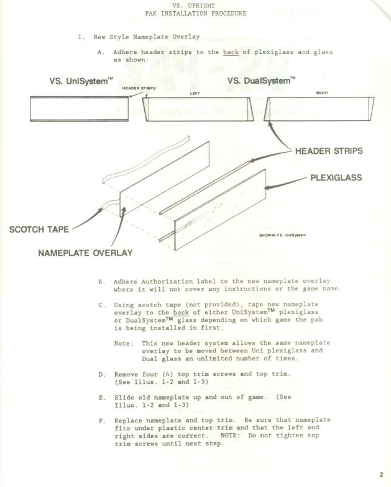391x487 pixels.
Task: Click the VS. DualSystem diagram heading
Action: (x=262, y=81)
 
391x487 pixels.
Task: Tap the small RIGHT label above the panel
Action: (x=322, y=92)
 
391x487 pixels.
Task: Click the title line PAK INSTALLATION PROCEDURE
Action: (x=195, y=12)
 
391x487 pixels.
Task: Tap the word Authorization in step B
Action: (x=170, y=281)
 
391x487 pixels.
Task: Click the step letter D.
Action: (x=101, y=375)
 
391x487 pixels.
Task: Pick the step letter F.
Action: (x=101, y=420)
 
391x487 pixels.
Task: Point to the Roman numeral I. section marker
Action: (x=81, y=37)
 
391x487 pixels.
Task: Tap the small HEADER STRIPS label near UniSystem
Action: (x=139, y=89)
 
